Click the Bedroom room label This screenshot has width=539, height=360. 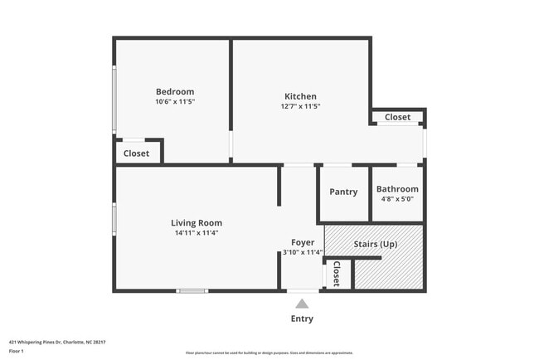click(x=175, y=91)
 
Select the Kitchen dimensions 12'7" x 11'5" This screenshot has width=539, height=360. click(x=300, y=106)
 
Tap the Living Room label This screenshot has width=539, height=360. click(x=197, y=222)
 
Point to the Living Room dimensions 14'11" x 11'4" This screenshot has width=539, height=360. click(x=197, y=233)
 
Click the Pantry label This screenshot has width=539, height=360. click(x=343, y=192)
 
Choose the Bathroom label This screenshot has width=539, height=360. click(x=397, y=189)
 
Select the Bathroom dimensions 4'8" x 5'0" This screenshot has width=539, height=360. click(x=397, y=199)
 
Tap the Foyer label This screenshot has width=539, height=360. click(x=302, y=242)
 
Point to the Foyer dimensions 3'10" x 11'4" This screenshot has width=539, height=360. click(x=302, y=252)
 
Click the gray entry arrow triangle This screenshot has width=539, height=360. click(x=302, y=304)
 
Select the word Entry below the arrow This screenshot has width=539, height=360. click(x=302, y=319)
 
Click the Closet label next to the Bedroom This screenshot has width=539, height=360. click(x=136, y=153)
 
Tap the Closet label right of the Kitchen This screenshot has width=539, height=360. click(x=397, y=117)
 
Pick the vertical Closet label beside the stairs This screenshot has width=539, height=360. click(x=336, y=274)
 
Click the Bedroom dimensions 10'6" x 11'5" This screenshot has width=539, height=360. click(x=175, y=101)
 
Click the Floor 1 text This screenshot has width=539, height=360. click(x=17, y=351)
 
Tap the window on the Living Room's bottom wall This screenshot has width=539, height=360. click(x=192, y=290)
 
